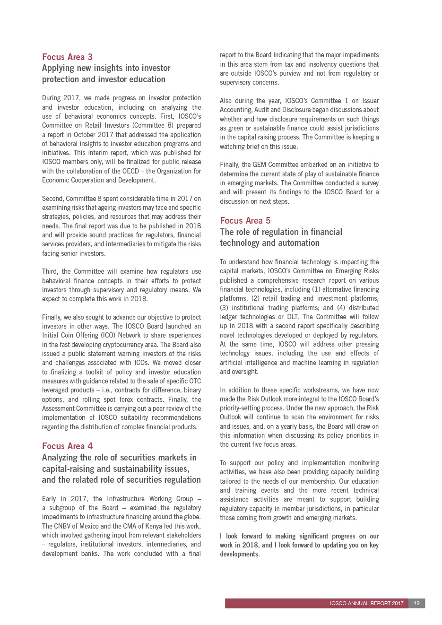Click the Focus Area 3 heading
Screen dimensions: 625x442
(67, 57)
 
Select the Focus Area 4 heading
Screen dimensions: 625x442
(67, 446)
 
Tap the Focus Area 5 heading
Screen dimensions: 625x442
(245, 221)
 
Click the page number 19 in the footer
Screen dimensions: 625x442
(416, 603)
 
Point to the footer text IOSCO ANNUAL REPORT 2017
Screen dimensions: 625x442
(366, 603)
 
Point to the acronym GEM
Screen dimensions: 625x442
(259, 165)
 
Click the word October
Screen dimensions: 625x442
(84, 135)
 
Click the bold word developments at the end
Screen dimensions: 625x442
(239, 554)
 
